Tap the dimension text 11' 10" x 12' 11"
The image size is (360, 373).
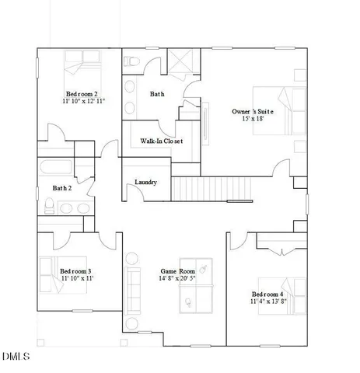click(84, 102)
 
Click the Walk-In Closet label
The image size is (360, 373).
click(161, 141)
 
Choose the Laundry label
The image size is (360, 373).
click(146, 183)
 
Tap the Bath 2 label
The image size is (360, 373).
click(62, 188)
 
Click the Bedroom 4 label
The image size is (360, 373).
click(267, 294)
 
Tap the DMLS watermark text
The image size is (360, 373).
click(16, 357)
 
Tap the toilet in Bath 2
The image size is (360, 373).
click(49, 205)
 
